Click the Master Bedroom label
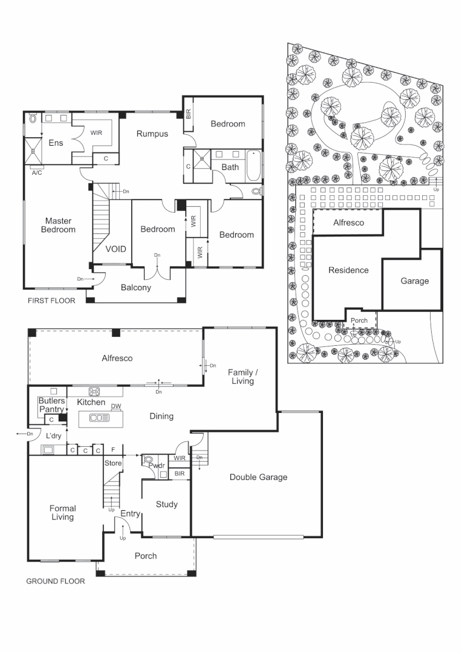(x=58, y=225)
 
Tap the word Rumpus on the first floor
(x=151, y=134)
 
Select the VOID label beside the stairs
(x=115, y=249)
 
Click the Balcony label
(x=135, y=288)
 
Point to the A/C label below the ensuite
(x=37, y=172)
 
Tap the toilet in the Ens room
(x=32, y=119)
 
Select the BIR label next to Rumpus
(x=188, y=114)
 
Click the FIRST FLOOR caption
(x=51, y=301)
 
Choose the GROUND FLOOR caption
(x=55, y=582)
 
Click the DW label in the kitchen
(x=116, y=406)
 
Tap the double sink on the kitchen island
(x=99, y=417)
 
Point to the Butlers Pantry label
(x=51, y=405)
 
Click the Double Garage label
(x=258, y=477)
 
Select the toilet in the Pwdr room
(x=149, y=460)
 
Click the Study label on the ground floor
(x=166, y=504)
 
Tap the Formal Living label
(x=62, y=513)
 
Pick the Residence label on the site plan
(x=348, y=270)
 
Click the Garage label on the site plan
(x=414, y=281)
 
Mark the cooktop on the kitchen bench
(x=94, y=391)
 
